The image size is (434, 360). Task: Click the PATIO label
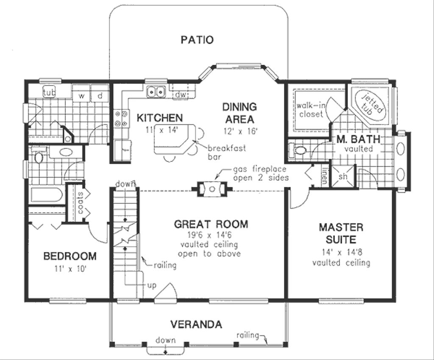[x=197, y=40]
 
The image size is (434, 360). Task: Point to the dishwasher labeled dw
[x=179, y=94]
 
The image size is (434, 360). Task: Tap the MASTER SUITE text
[x=341, y=233]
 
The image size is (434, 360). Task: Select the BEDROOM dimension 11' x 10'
[x=70, y=269]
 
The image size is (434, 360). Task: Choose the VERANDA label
[x=196, y=324]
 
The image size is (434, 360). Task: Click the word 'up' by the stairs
[x=151, y=285]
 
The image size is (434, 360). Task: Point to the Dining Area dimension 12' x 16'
[x=239, y=131]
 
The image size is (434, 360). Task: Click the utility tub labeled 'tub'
[x=50, y=92]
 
